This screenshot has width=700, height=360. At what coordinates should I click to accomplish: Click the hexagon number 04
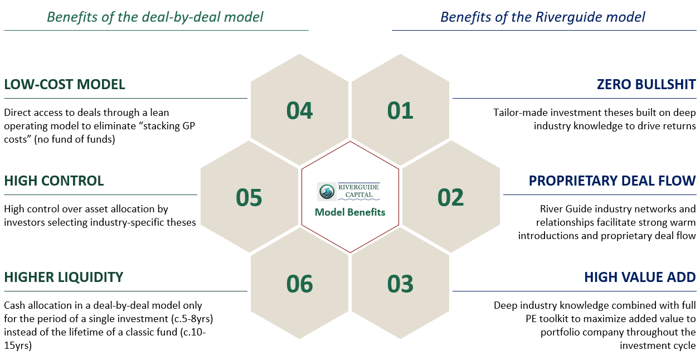[x=300, y=110]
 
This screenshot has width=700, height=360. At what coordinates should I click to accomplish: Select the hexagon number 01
[x=400, y=110]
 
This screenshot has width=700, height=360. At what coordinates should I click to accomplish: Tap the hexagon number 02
[x=451, y=197]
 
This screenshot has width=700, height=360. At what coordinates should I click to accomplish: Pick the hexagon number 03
[x=400, y=284]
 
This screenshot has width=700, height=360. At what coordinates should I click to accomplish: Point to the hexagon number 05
[x=249, y=197]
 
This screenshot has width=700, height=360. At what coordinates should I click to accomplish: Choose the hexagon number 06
[x=300, y=284]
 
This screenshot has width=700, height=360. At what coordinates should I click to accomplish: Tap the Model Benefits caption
[x=350, y=212]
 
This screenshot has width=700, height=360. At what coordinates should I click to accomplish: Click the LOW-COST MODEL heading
[x=65, y=84]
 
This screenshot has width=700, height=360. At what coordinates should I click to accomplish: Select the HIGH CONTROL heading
[x=54, y=181]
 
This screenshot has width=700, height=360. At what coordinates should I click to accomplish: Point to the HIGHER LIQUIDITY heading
[x=64, y=277]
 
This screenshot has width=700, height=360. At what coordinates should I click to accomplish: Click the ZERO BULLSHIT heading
[x=646, y=84]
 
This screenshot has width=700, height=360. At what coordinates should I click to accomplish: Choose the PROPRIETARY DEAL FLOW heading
[x=612, y=181]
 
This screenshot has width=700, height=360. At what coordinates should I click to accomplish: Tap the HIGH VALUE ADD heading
[x=640, y=277]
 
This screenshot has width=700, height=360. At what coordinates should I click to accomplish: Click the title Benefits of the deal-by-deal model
[x=155, y=17]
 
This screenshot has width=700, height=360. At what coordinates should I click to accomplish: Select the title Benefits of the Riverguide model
[x=543, y=17]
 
